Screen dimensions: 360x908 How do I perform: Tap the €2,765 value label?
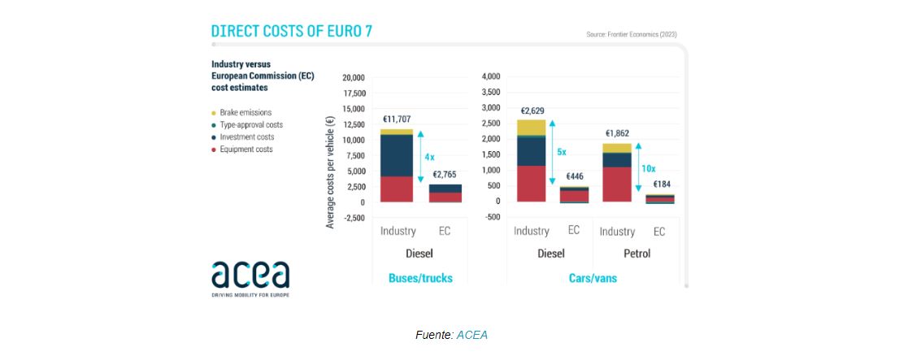pos(444,174)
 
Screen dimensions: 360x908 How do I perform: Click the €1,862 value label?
pos(617,133)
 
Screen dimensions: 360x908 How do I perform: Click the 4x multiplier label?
pos(429,156)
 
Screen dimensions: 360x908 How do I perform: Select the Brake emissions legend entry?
pos(245,113)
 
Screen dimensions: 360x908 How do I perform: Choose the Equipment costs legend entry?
pos(245,150)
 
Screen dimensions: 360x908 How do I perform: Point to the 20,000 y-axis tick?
pos(353,78)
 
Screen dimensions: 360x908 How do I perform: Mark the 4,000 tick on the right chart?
pos(491,76)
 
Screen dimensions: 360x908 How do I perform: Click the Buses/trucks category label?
pos(420,278)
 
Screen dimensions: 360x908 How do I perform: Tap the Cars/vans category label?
pos(593,278)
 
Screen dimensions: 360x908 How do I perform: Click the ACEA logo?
pos(250,277)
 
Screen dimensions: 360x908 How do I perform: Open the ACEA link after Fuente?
pos(472,335)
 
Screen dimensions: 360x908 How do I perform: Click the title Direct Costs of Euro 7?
pos(292,32)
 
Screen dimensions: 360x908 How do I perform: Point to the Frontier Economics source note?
pos(631,34)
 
